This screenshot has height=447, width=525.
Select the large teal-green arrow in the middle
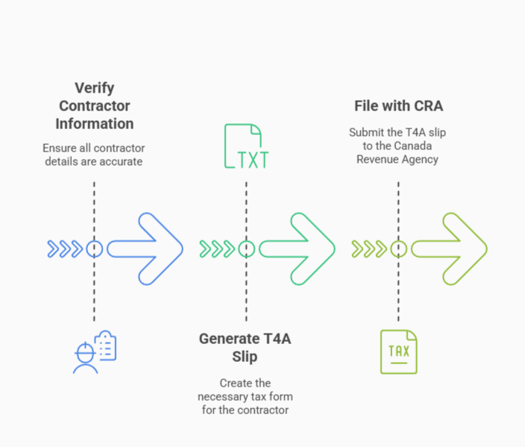click(x=298, y=248)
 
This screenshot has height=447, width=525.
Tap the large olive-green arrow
click(x=450, y=248)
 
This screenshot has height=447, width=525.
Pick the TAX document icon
click(x=398, y=351)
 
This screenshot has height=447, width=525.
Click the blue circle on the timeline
click(x=94, y=248)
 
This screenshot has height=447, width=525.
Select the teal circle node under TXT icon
click(x=247, y=248)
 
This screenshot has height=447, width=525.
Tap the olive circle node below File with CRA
click(x=398, y=248)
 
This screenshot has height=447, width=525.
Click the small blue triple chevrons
click(x=64, y=248)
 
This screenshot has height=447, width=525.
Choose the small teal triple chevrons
click(x=216, y=248)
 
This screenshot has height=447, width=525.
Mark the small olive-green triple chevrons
click(x=368, y=248)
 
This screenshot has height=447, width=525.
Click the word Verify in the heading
click(x=94, y=87)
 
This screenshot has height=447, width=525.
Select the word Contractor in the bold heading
click(x=94, y=105)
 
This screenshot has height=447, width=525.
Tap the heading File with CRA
click(x=398, y=106)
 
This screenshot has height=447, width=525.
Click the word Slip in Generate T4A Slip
click(x=245, y=357)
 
